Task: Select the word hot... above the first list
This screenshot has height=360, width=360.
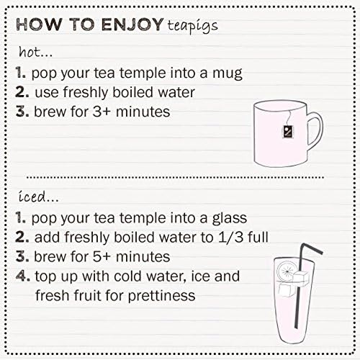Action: [34, 53]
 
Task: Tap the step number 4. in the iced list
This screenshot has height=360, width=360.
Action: [23, 276]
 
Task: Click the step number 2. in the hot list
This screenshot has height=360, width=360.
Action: [23, 92]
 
